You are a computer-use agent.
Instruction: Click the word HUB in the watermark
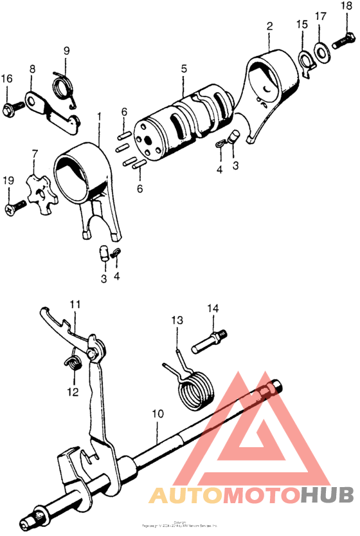pos(327,495)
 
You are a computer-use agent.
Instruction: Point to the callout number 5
pos(183,68)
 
